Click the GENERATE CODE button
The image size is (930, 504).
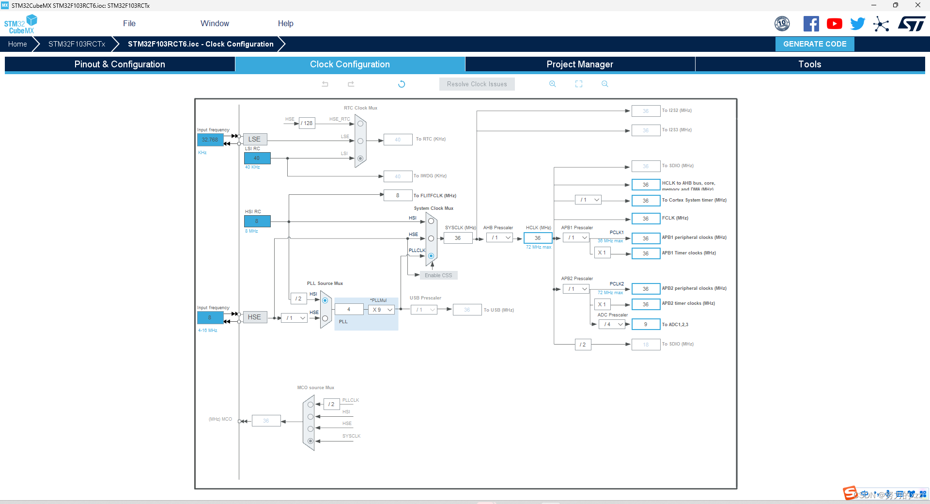click(x=815, y=44)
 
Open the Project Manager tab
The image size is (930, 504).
click(x=580, y=64)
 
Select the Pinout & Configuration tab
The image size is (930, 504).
click(x=120, y=64)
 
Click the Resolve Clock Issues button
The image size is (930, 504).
click(x=477, y=84)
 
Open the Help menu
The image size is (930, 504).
click(x=285, y=23)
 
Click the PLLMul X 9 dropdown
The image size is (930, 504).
click(x=382, y=310)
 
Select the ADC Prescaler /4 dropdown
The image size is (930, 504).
click(x=613, y=324)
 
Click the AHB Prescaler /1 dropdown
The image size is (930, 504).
click(x=500, y=237)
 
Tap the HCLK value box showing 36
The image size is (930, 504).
click(x=538, y=238)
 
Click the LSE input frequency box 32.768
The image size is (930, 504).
click(x=210, y=140)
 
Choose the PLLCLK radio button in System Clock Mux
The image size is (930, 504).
click(x=431, y=256)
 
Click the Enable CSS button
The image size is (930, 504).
click(x=438, y=275)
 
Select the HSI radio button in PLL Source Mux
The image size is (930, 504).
click(x=325, y=300)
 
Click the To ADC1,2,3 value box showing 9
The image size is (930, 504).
click(x=646, y=324)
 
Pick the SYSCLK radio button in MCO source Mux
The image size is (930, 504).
click(x=310, y=441)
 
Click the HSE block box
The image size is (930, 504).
click(x=254, y=317)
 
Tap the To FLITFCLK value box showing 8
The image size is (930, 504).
click(x=398, y=195)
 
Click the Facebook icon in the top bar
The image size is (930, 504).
click(x=811, y=24)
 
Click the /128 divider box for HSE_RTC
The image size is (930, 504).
click(x=307, y=123)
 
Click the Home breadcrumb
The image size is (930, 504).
click(x=17, y=44)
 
